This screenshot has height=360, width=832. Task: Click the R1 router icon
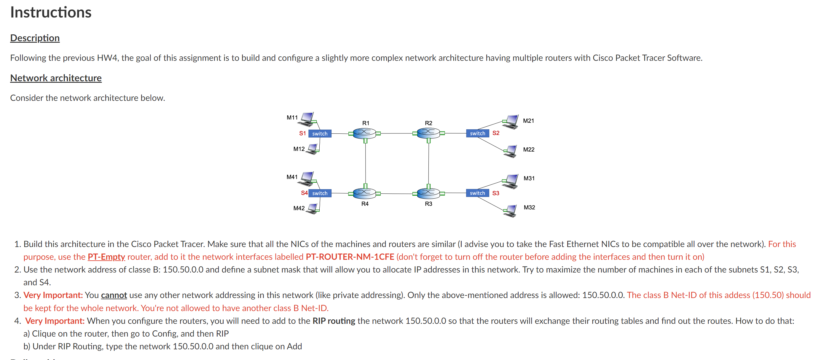(364, 133)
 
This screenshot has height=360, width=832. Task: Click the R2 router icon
(428, 133)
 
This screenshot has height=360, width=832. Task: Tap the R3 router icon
(428, 193)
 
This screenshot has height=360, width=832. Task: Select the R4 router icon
(364, 193)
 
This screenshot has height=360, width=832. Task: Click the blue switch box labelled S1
(320, 133)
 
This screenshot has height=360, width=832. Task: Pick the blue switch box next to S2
(477, 133)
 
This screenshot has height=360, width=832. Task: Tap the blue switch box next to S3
(477, 193)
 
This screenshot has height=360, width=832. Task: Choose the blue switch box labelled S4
(320, 193)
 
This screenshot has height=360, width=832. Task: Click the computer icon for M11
(307, 119)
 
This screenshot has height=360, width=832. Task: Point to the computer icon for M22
(511, 151)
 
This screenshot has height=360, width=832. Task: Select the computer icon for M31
(511, 181)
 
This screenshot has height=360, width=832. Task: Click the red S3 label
(496, 193)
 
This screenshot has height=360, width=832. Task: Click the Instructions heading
(51, 12)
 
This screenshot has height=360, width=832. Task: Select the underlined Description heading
(35, 38)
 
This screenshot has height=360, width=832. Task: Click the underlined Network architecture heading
(56, 78)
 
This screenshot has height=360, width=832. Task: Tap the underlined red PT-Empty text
(106, 257)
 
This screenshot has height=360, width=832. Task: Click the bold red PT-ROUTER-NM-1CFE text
(350, 257)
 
